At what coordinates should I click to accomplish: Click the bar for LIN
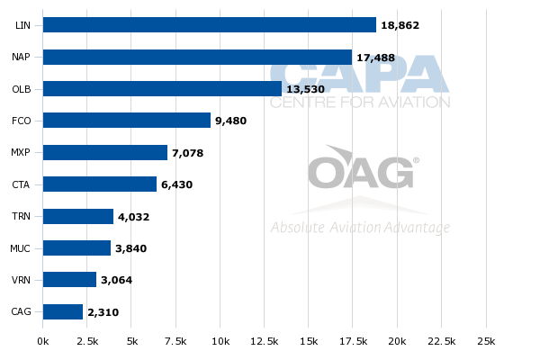point(210,25)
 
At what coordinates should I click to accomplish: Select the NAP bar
point(197,57)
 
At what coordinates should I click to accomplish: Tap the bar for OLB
point(162,88)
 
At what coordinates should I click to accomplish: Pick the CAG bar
point(63,311)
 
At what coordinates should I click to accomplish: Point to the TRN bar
point(78,216)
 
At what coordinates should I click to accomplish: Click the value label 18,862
point(400,25)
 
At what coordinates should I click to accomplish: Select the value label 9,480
point(230,121)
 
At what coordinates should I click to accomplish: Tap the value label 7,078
point(188,153)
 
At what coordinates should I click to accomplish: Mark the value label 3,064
point(116,280)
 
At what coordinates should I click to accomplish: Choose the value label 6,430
point(176,184)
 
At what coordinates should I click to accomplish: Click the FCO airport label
point(22,121)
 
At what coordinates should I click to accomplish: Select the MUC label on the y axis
point(20,248)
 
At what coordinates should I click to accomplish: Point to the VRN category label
point(21,280)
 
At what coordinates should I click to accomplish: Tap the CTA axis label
point(21,184)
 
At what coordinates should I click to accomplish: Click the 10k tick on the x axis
point(220,341)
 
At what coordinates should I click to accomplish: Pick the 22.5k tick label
point(442,341)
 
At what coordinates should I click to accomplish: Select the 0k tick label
point(43,341)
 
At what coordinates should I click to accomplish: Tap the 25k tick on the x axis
point(486,341)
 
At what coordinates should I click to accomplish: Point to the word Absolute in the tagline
point(297,228)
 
